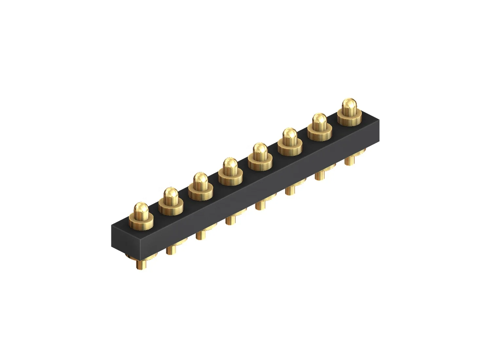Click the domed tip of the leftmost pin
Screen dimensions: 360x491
141,209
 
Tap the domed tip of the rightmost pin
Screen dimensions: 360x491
349,105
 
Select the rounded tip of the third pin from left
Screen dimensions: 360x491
200,181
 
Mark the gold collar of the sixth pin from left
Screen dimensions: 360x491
290,150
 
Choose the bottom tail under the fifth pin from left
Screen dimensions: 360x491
260,206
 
